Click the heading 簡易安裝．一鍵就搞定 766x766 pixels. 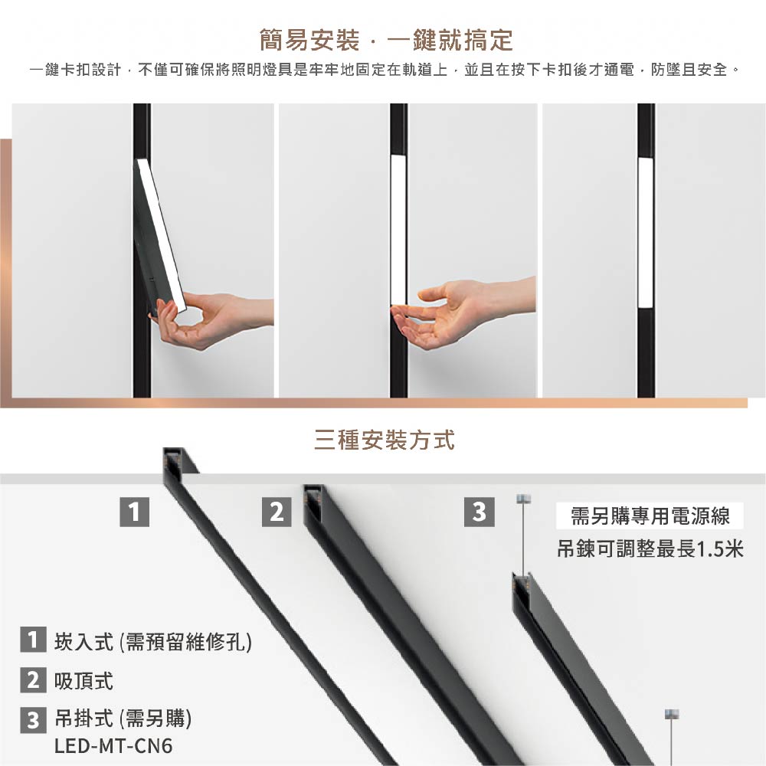point(386,39)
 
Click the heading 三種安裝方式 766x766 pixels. point(384,440)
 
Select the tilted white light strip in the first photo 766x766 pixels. point(161,230)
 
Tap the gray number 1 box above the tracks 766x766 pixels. point(134,511)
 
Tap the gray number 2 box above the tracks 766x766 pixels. point(277,511)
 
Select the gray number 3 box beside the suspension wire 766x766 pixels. point(479,511)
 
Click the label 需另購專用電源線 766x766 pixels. point(650,517)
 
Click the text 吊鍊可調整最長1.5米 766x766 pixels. point(650,550)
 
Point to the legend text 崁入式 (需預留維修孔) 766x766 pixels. point(152,641)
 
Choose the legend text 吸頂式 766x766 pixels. point(84,680)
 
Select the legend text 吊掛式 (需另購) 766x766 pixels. point(123,719)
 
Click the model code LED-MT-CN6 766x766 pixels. point(113,745)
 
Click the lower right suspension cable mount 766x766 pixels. point(671,714)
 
